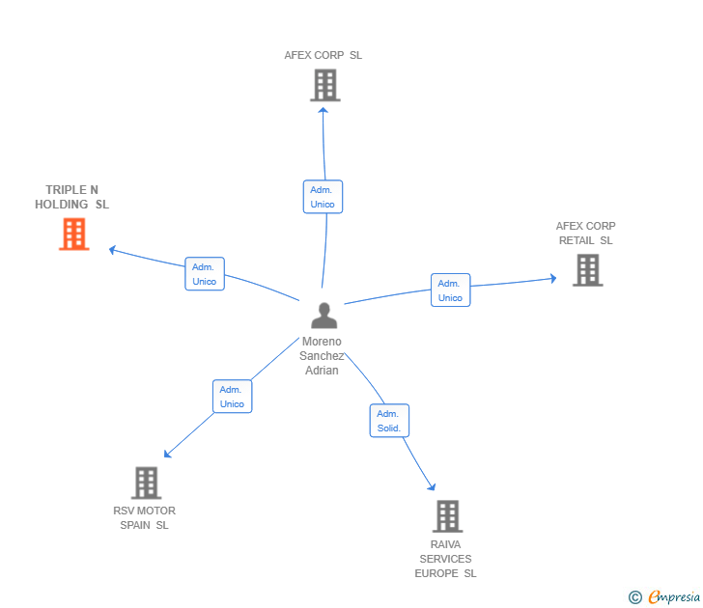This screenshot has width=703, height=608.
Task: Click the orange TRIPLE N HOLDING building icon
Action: point(74,235)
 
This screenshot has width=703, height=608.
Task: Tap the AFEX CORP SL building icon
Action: point(324,85)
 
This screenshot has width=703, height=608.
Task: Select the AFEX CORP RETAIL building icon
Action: point(586,270)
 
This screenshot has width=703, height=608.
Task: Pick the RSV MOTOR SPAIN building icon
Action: point(146,483)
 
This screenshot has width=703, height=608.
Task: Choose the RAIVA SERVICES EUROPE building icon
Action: point(446,516)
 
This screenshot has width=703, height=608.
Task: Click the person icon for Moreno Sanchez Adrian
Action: point(323,316)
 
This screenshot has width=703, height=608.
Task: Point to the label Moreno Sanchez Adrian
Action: point(322,356)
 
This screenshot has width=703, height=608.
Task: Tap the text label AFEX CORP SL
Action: point(323,55)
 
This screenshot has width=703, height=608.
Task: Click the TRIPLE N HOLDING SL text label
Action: point(72,197)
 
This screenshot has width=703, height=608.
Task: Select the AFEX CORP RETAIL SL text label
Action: point(585,234)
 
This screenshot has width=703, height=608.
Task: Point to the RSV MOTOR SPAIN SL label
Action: point(144,518)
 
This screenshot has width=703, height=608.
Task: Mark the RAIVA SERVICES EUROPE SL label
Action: point(445,559)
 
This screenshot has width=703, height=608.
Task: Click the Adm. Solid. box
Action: point(389,421)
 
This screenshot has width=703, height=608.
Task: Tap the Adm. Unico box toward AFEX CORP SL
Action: point(323,197)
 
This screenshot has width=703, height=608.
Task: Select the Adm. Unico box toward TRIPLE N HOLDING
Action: point(205,274)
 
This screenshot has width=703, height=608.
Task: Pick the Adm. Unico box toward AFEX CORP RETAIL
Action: point(450,290)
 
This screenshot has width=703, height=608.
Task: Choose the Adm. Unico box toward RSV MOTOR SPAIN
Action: point(232,397)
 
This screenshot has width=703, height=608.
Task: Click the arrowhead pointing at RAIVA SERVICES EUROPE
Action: point(432,487)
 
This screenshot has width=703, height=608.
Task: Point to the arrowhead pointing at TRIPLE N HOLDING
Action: point(112,249)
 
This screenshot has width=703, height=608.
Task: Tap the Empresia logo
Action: point(665,597)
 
